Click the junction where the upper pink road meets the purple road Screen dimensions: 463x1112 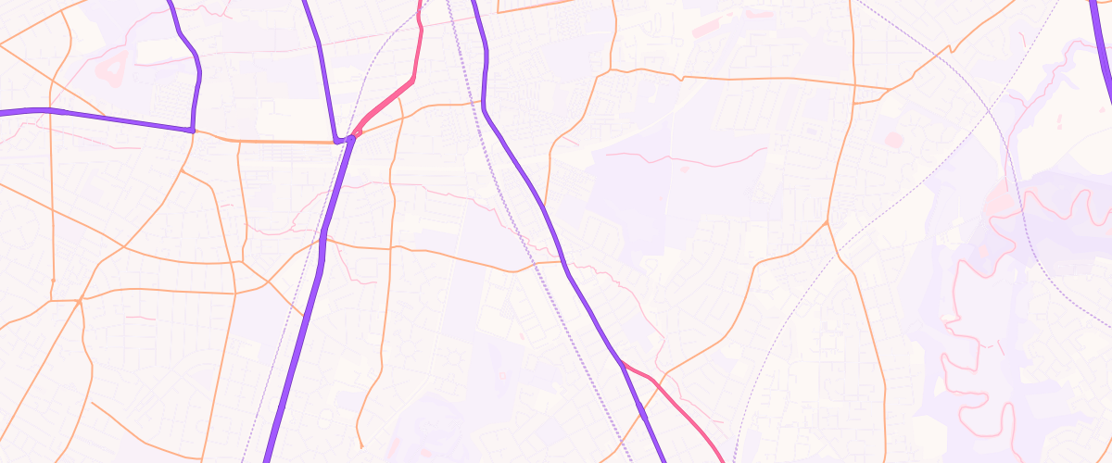pos(352,137)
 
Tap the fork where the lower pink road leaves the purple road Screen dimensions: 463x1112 pos(619,361)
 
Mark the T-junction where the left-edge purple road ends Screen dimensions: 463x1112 pos(192,130)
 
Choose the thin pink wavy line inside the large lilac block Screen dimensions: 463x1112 pos(686,158)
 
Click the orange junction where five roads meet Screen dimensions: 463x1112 pos(81,299)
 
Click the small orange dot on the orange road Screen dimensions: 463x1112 pos(53,279)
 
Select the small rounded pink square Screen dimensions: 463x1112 pos(893,140)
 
